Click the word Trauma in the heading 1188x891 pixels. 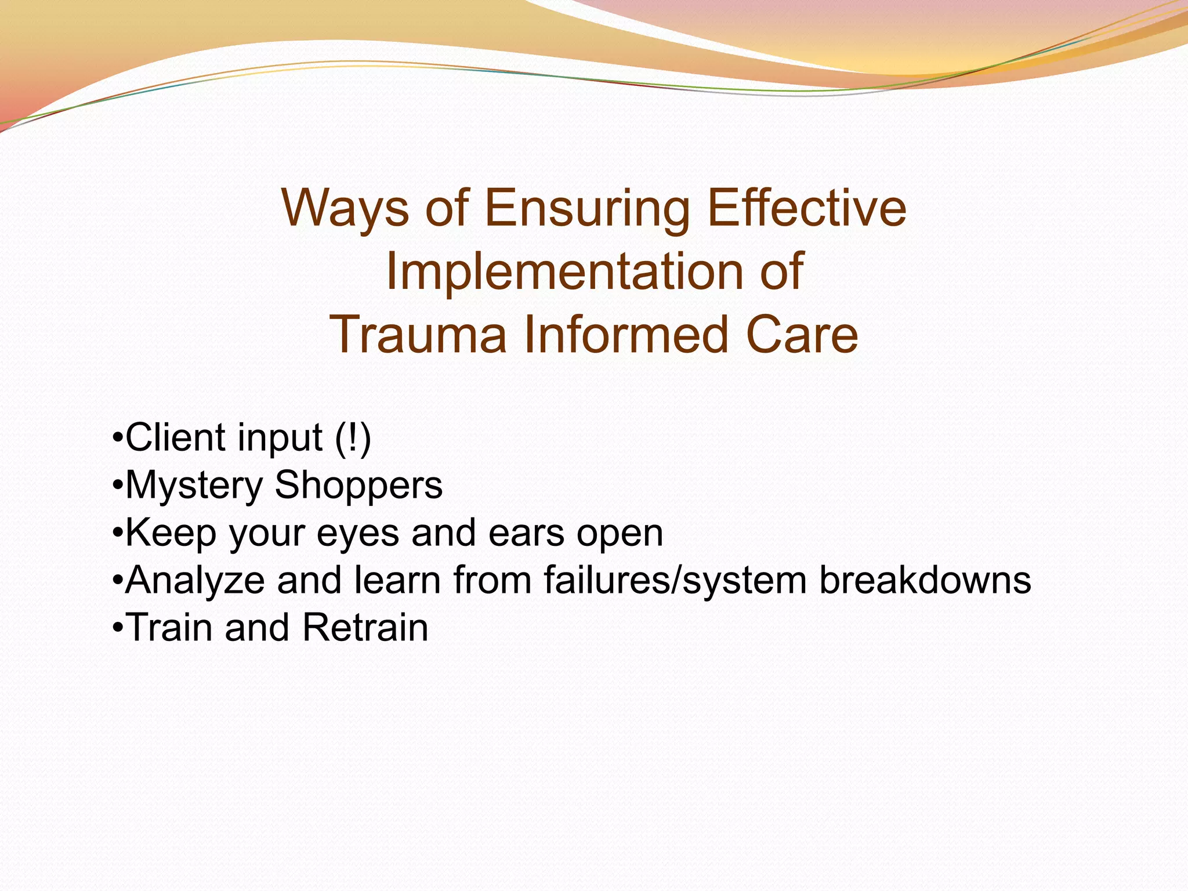[x=418, y=335]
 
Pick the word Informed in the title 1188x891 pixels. [x=626, y=335]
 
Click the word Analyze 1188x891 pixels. [x=195, y=580]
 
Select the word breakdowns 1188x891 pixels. [x=925, y=579]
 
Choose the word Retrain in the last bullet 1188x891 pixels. [x=365, y=627]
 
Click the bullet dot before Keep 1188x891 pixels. [x=117, y=533]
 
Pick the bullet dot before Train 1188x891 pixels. [x=117, y=628]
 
